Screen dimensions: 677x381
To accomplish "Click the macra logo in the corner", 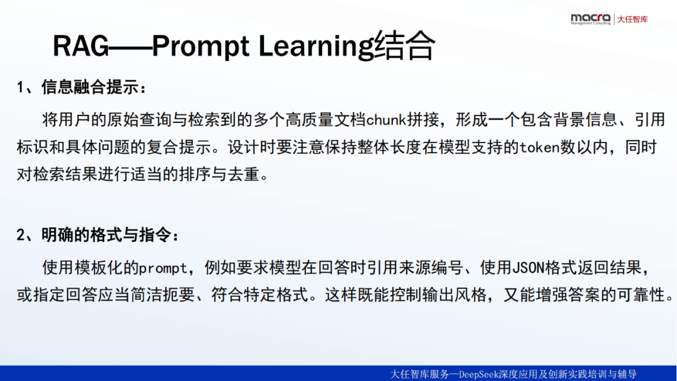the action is (x=590, y=19).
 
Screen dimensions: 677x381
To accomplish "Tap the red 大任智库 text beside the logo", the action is (x=632, y=19).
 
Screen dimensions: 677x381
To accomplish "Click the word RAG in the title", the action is (x=81, y=46).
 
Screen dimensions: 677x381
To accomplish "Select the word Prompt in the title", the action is (x=201, y=46).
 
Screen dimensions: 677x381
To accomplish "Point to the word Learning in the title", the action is (x=316, y=46).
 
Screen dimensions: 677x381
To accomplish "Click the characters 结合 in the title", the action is (x=404, y=45).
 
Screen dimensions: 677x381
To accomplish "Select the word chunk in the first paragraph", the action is (x=386, y=120).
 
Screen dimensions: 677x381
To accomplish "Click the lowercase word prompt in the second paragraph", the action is (x=163, y=269).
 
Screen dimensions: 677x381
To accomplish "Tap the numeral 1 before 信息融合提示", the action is (x=20, y=88).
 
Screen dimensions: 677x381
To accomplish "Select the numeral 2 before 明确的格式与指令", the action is (x=20, y=235).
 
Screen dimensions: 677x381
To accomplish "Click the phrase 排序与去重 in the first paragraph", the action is (x=219, y=174).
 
